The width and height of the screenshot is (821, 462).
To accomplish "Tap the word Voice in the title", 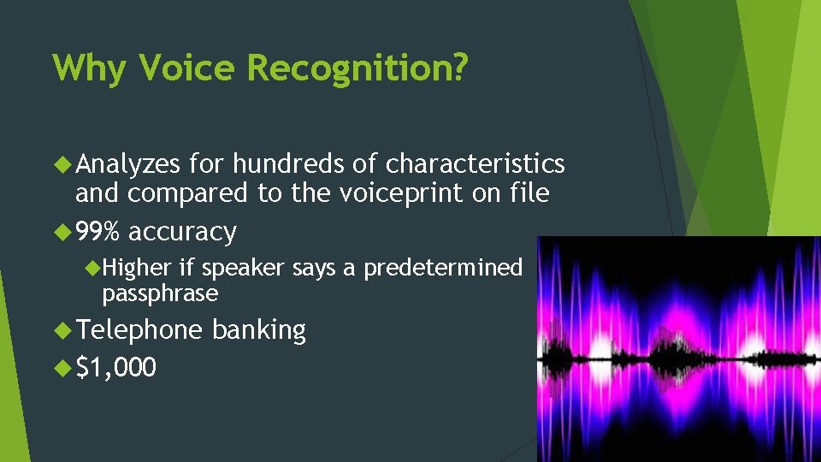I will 186,67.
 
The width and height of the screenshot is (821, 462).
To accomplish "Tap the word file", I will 530,193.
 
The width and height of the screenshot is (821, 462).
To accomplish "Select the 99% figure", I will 98,231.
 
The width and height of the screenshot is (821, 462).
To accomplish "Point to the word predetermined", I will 443,268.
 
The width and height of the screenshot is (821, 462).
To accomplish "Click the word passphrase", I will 160,294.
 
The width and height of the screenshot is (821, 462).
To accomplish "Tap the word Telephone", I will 139,330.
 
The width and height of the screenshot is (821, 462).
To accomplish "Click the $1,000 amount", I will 115,367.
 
